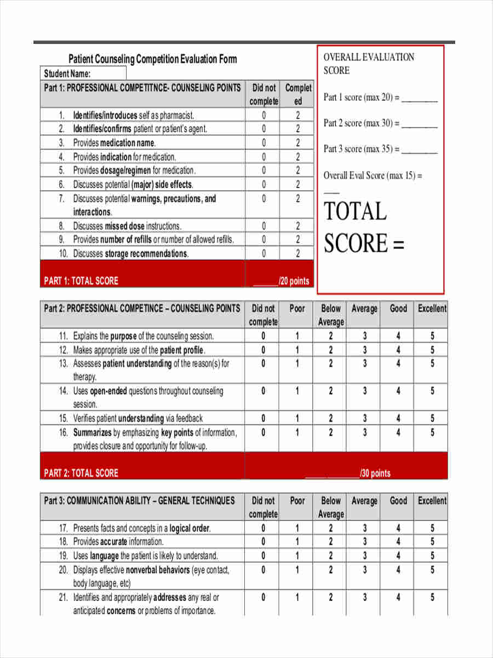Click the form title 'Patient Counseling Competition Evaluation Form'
pyautogui.click(x=152, y=59)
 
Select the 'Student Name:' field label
pyautogui.click(x=67, y=73)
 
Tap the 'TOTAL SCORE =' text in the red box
pyautogui.click(x=363, y=228)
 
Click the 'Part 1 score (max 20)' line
pyautogui.click(x=380, y=98)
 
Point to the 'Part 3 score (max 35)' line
pyautogui.click(x=380, y=149)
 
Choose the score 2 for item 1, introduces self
pyautogui.click(x=298, y=115)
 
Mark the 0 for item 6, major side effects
pyautogui.click(x=263, y=184)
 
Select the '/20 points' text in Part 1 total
pyautogui.click(x=294, y=281)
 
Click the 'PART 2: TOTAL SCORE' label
pyautogui.click(x=81, y=473)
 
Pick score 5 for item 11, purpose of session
pyautogui.click(x=432, y=336)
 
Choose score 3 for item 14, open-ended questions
pyautogui.click(x=365, y=391)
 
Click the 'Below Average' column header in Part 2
pyautogui.click(x=330, y=315)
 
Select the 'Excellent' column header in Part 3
pyautogui.click(x=432, y=501)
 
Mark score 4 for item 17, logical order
pyautogui.click(x=398, y=529)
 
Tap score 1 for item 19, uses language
pyautogui.click(x=297, y=556)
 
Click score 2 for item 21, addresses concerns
pyautogui.click(x=330, y=597)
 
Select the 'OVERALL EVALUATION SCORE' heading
pyautogui.click(x=368, y=64)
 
